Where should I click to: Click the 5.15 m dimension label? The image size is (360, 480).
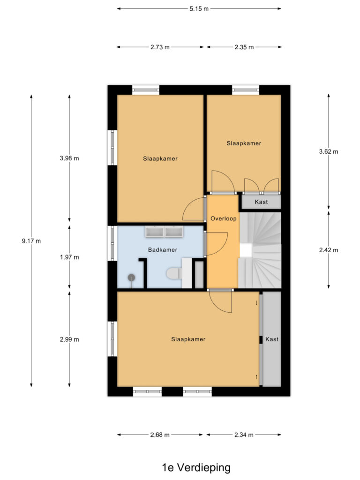coord(199,9)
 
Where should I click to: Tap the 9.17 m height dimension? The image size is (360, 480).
coord(31,241)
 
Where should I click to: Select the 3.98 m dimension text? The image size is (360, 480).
coord(69,158)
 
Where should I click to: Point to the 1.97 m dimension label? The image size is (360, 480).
coord(69,257)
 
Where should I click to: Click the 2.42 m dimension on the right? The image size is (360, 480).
coord(329,250)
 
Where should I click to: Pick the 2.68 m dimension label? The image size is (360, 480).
coord(160,435)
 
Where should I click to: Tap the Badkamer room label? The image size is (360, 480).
coord(163,250)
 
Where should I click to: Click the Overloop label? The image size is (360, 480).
coord(224,218)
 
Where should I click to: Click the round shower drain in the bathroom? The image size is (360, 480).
coord(131,277)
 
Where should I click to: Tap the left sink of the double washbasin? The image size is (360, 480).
coord(154,232)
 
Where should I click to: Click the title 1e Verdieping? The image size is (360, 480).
coord(196,467)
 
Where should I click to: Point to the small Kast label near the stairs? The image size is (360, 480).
coord(261,202)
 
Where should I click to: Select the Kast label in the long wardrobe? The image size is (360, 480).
coord(272,339)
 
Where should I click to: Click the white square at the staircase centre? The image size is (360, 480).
coord(246,250)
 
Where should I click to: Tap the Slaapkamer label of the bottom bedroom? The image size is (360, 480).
coord(188,339)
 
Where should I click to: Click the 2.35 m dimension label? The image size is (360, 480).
coord(244,47)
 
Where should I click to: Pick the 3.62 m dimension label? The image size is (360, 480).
coord(329,151)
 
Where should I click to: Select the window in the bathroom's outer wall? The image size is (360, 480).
coord(112,243)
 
